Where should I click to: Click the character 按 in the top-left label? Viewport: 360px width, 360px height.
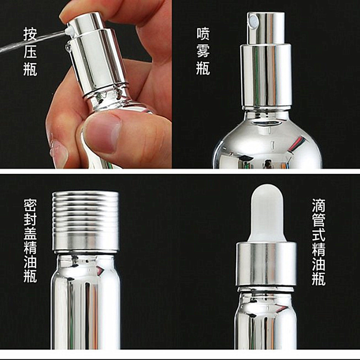pos(30,34)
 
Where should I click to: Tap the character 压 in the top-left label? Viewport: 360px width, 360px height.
pos(30,51)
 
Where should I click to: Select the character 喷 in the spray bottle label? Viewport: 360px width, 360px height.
pos(203,34)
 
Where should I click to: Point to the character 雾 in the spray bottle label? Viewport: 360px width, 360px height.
pos(203,51)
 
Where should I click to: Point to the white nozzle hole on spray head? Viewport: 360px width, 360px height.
pos(252,20)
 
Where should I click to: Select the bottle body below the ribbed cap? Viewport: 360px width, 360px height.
pos(86,302)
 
